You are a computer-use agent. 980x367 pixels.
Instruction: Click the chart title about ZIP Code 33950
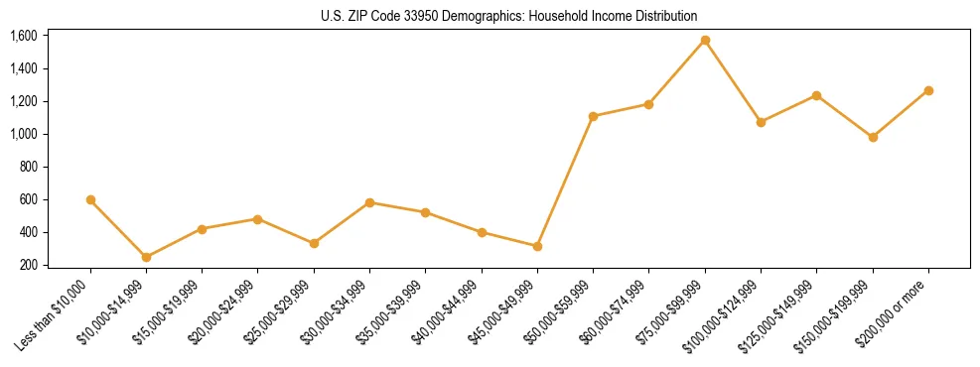(509, 16)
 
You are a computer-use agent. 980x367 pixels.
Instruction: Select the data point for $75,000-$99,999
(705, 41)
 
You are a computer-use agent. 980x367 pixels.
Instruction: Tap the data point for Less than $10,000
(90, 199)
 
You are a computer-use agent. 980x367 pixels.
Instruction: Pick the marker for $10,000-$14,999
(146, 257)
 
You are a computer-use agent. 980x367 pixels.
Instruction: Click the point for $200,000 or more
(928, 90)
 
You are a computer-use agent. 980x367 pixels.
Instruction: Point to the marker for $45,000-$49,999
(537, 246)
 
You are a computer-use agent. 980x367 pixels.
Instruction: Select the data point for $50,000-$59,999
(593, 116)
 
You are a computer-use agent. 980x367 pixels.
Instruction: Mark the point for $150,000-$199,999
(873, 137)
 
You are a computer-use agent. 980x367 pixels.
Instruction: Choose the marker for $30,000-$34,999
(369, 202)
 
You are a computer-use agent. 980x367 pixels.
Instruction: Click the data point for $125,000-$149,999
(816, 95)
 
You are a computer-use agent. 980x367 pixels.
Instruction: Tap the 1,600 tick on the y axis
(23, 36)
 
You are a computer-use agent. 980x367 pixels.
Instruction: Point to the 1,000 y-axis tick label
(23, 134)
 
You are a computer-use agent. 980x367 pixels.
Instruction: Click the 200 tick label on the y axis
(28, 265)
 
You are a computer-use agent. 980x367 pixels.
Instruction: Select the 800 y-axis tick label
(28, 167)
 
